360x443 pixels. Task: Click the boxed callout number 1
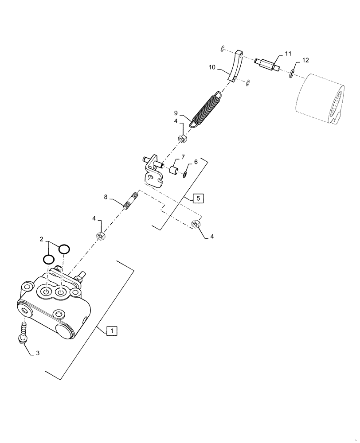(x=112, y=330)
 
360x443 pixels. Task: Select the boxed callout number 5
(x=198, y=198)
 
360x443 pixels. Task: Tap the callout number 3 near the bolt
(x=38, y=353)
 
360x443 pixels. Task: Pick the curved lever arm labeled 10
(x=235, y=66)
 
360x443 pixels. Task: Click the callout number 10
(x=212, y=68)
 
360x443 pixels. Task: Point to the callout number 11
(x=288, y=54)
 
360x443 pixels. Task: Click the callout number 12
(x=305, y=60)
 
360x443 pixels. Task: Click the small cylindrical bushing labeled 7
(x=173, y=171)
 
